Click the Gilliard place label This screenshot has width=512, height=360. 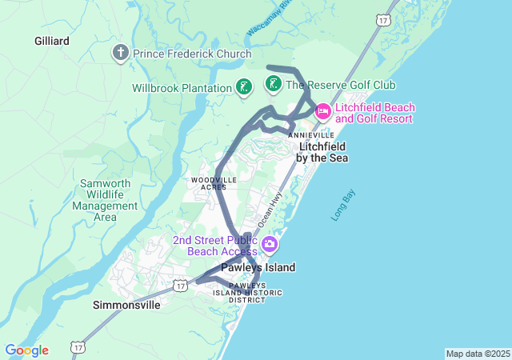(52, 40)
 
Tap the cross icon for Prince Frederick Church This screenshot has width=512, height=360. (121, 54)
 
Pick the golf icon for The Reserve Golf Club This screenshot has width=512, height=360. (272, 84)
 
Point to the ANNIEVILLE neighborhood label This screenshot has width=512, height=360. (311, 135)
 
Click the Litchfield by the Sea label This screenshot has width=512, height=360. (322, 152)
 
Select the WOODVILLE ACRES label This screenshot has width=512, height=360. (214, 183)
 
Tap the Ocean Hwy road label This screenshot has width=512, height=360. (271, 207)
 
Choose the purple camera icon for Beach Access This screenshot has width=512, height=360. (270, 243)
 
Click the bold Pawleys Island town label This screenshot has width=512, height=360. (258, 267)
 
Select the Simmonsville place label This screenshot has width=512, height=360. (126, 305)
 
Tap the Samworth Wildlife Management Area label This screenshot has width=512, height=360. (105, 200)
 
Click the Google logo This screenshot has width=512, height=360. (26, 350)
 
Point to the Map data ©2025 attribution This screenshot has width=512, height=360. (478, 354)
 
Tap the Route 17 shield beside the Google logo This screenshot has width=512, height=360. (78, 347)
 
